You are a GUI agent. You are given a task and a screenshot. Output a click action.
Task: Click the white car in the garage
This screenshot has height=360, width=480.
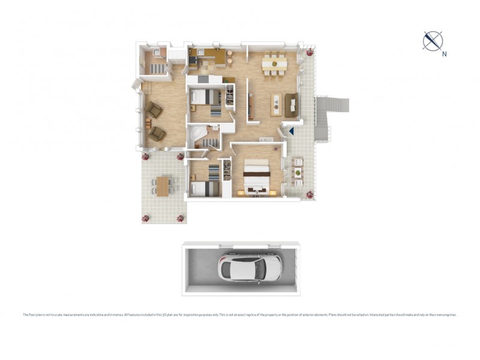click(245, 268)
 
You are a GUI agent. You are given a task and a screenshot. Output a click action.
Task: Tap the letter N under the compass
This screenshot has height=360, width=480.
click(445, 54)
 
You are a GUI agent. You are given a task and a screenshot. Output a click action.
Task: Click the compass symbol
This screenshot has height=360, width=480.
click(433, 40)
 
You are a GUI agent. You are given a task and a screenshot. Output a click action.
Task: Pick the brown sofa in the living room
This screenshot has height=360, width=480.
click(291, 105)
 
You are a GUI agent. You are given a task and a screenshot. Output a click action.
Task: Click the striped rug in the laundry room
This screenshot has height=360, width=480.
click(157, 68)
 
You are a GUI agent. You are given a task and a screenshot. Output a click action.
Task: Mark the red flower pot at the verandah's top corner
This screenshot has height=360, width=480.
click(310, 53)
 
